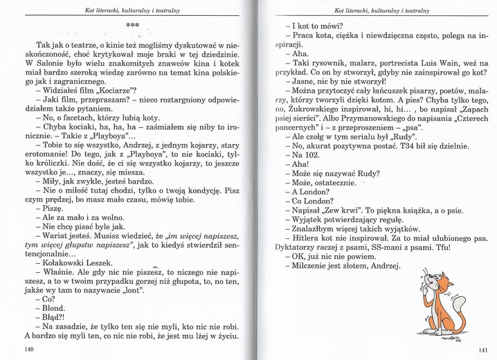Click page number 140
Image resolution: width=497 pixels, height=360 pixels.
tap(28, 350)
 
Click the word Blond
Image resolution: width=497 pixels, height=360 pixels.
tap(52, 308)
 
